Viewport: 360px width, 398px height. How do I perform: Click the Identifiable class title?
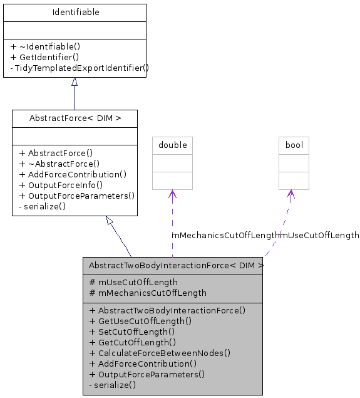pyautogui.click(x=75, y=12)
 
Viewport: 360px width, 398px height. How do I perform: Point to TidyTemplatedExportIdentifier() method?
pyautogui.click(x=79, y=68)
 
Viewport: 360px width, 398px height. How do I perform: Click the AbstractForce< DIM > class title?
pyautogui.click(x=75, y=118)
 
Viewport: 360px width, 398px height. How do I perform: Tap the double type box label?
pyautogui.click(x=172, y=145)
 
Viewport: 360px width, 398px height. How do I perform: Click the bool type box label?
pyautogui.click(x=294, y=145)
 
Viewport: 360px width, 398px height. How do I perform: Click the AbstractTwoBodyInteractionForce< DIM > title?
pyautogui.click(x=176, y=265)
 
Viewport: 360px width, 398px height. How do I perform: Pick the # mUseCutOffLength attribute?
pyautogui.click(x=133, y=282)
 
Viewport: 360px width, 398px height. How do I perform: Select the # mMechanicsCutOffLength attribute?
pyautogui.click(x=148, y=293)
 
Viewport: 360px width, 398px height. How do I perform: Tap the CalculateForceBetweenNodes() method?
pyautogui.click(x=160, y=353)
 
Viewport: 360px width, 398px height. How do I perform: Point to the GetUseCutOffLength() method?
pyautogui.click(x=140, y=321)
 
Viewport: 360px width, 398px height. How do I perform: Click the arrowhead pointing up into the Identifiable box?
pyautogui.click(x=75, y=82)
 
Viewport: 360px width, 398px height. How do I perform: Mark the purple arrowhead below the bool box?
pyautogui.click(x=291, y=194)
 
